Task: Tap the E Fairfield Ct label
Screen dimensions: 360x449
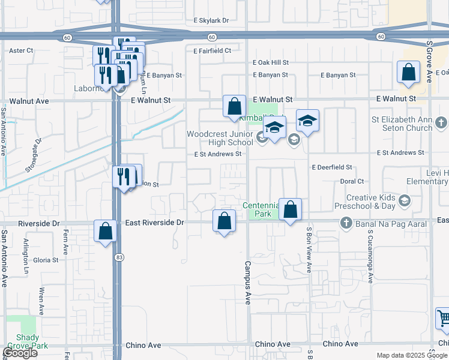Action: tap(212, 51)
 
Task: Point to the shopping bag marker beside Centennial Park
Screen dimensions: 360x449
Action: tap(290, 209)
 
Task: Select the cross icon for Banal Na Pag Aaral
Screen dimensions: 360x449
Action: tap(346, 224)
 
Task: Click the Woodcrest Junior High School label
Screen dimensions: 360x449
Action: tap(220, 138)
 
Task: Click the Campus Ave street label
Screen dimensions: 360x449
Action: tap(247, 282)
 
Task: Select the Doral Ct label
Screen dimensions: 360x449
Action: tap(352, 181)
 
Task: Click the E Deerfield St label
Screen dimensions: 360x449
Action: tap(331, 167)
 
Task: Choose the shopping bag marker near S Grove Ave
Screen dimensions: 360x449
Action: tap(408, 73)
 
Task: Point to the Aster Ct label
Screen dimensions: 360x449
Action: tap(21, 51)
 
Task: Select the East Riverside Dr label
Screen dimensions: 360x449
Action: tap(154, 223)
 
